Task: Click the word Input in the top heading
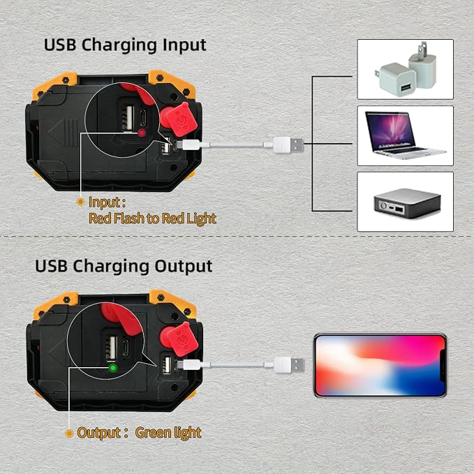coord(184,45)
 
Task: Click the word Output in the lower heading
coord(184,267)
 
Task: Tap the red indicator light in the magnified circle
coord(142,133)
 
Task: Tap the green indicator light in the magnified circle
coord(113,368)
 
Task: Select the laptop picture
coord(405,135)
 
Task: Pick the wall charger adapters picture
coord(405,69)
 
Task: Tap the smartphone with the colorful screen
coord(380,366)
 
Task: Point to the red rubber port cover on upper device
coord(179,119)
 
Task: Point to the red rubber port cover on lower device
coord(179,339)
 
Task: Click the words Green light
coord(168,433)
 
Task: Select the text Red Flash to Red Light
coord(152,219)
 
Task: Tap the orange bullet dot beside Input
coord(80,202)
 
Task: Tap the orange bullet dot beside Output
coord(69,434)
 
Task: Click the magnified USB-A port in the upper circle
coord(128,118)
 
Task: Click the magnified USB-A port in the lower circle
coord(112,348)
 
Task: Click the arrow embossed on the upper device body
coord(63,133)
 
